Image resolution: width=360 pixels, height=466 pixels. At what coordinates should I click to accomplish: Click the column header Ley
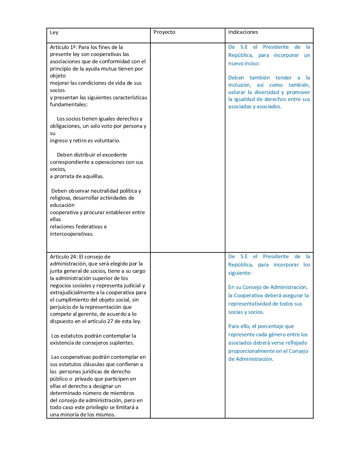point(54,32)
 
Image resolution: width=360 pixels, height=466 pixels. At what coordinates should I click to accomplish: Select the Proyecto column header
point(164,32)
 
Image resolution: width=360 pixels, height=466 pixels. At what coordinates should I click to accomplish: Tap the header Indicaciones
point(243,32)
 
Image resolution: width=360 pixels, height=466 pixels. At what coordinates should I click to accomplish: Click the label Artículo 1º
point(63,47)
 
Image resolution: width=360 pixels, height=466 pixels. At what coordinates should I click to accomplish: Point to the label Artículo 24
point(63,257)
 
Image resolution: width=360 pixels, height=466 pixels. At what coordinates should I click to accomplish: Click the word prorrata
point(65,176)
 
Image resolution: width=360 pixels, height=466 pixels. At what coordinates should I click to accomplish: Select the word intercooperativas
point(71,234)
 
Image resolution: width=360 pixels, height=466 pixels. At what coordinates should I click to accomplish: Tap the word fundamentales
point(68,105)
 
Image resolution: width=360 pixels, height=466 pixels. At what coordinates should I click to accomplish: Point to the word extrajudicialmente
point(72,293)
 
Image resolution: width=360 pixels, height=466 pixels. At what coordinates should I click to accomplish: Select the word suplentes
point(122,343)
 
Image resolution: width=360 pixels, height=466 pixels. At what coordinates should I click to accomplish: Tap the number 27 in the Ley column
point(111,321)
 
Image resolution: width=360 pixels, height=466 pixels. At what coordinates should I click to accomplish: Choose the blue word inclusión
point(239,85)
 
